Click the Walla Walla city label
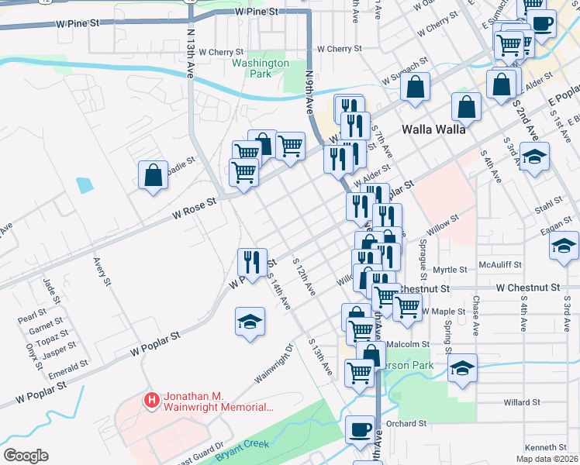pos(433,129)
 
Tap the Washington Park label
pos(261,68)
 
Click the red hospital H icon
pos(152,401)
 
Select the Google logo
pos(26,456)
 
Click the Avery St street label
pos(101,274)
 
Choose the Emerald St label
pos(67,365)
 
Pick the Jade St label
pos(50,291)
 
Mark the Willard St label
pos(521,402)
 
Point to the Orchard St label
pos(406,424)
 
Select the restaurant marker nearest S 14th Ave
pos(253,261)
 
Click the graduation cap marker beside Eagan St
pos(564,245)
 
